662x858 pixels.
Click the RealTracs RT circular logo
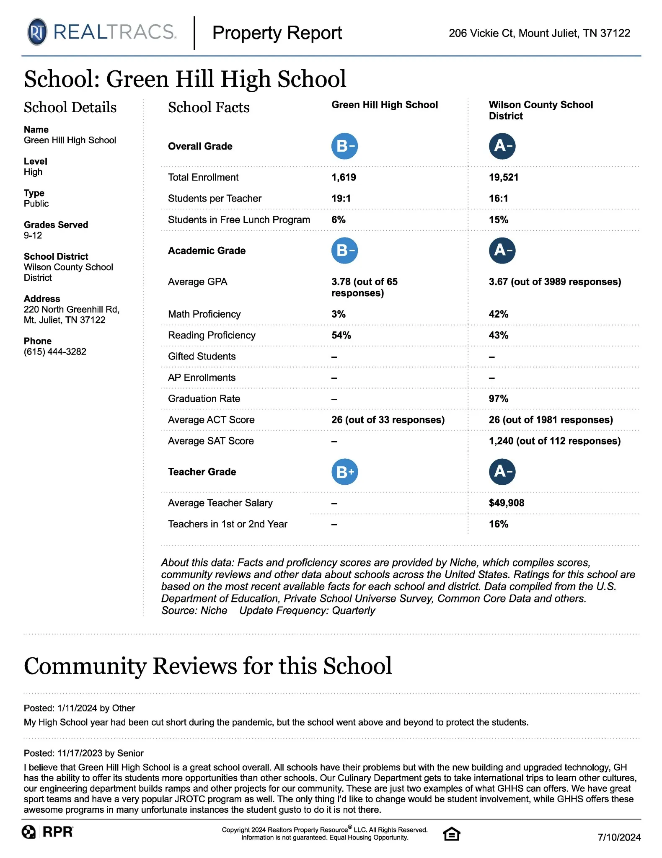(37, 32)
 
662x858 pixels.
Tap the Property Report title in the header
(277, 33)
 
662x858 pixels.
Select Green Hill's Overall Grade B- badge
(344, 146)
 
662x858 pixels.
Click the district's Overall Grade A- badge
(502, 146)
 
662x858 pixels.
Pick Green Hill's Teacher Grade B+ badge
(344, 472)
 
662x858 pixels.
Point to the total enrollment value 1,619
(344, 177)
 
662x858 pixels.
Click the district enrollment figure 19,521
(503, 177)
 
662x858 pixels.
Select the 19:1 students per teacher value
(341, 199)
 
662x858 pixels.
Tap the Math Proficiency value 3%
(338, 314)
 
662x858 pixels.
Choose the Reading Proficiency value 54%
(341, 335)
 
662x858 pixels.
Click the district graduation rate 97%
(498, 398)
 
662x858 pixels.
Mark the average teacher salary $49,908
(506, 503)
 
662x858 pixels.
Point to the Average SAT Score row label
(211, 441)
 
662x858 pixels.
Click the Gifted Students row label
(202, 356)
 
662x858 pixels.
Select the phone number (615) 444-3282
(55, 351)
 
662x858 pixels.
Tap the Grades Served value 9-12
(33, 235)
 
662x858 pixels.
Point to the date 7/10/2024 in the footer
(619, 837)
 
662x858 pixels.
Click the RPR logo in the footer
(48, 832)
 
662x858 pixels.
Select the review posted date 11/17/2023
(80, 753)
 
